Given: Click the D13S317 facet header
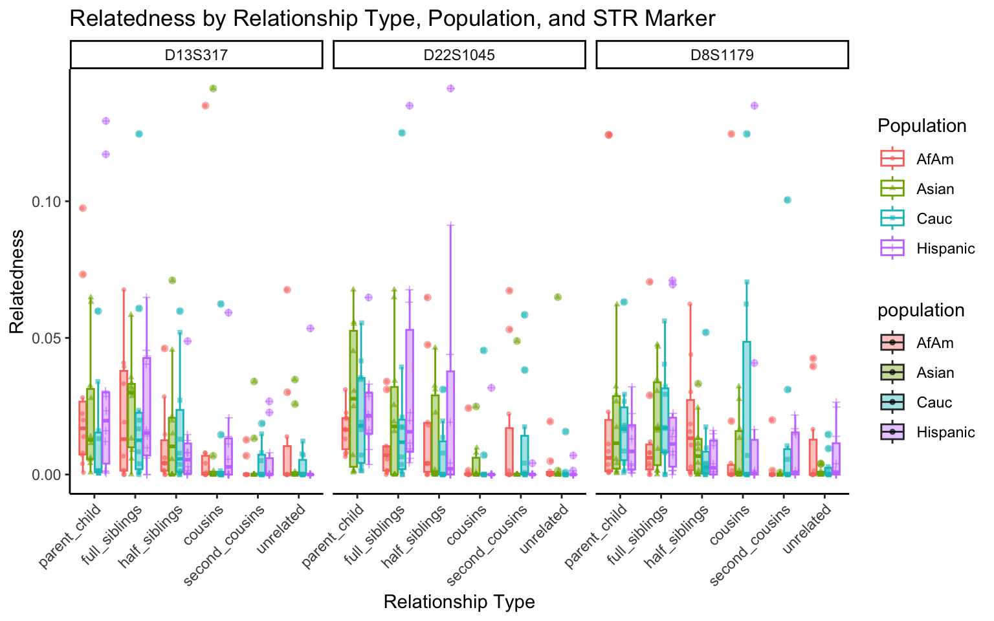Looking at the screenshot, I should [x=196, y=55].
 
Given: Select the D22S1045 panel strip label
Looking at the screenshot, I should [x=459, y=55].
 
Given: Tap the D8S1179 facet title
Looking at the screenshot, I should [x=722, y=55].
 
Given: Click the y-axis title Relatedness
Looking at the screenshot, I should [x=17, y=281].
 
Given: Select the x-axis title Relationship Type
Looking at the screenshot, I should [x=459, y=602].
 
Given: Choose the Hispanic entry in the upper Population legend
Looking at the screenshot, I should [x=945, y=248].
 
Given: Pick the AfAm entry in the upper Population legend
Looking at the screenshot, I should [x=934, y=159].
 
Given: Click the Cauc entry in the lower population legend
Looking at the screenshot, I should [x=934, y=402].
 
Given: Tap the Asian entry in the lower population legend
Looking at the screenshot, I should [x=935, y=373].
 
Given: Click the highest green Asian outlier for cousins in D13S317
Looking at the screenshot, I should [x=213, y=89].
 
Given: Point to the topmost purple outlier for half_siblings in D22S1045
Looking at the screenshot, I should [x=450, y=89].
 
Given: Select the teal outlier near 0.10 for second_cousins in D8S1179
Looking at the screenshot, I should [x=788, y=200].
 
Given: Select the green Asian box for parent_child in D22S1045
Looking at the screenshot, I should [x=353, y=398].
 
